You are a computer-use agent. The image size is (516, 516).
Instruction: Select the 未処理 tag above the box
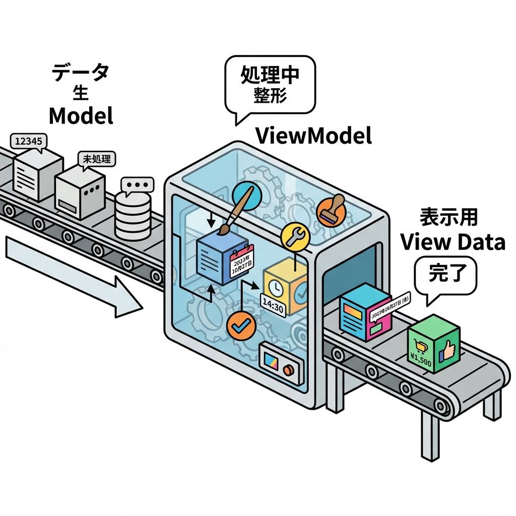point(96,159)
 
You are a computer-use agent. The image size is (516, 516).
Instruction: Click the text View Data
point(453,242)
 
